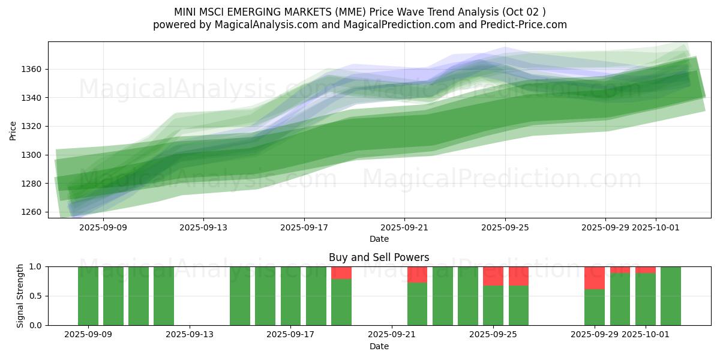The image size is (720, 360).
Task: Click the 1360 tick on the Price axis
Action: point(32,69)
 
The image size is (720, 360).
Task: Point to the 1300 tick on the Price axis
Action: point(32,155)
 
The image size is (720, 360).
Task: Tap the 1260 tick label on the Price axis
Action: point(32,212)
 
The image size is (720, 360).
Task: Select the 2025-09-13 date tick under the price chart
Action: point(203,227)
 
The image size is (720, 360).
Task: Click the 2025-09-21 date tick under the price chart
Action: point(404,227)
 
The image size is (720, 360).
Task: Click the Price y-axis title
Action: point(13,130)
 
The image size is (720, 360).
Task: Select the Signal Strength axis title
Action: point(20,296)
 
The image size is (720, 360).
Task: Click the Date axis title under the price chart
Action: point(379,239)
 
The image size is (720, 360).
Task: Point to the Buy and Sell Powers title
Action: point(379,257)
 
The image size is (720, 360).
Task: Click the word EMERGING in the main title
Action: point(260,12)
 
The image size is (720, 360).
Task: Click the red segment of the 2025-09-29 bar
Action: point(595,278)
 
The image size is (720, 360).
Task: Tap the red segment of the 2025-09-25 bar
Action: point(493,276)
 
